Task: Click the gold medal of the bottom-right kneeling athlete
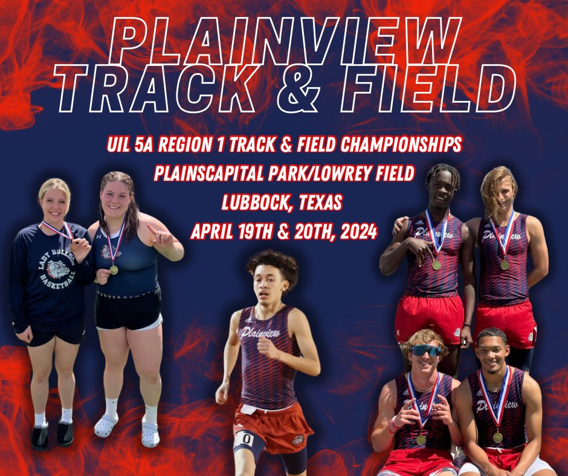pyautogui.click(x=497, y=437)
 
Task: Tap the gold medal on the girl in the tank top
pyautogui.click(x=114, y=269)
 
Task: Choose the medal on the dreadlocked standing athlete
pyautogui.click(x=436, y=264)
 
